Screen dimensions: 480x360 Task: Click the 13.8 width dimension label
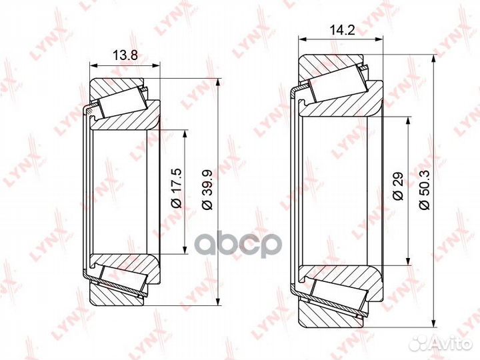(125, 55)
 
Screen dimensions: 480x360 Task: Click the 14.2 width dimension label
(342, 30)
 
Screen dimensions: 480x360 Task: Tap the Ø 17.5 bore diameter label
(177, 187)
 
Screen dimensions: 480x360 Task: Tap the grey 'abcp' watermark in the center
(237, 245)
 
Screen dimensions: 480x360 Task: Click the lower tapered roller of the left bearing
(124, 281)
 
